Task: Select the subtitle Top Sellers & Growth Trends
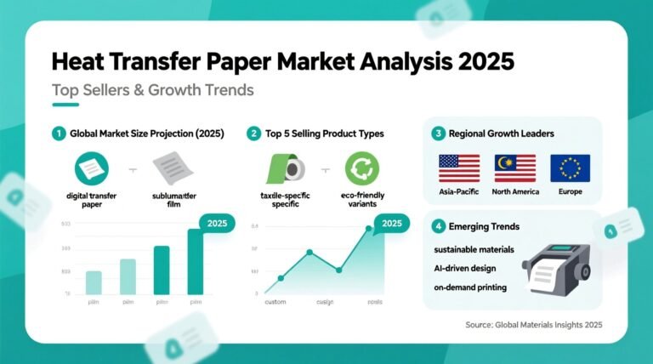coord(152,89)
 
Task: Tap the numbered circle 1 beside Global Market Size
coord(58,134)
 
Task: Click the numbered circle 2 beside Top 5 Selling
coord(253,134)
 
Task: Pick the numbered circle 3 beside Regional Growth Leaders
coord(438,134)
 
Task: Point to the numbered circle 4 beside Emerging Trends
coord(438,227)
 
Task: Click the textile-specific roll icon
coord(287,167)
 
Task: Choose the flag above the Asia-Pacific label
coord(458,168)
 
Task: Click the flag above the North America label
coord(514,168)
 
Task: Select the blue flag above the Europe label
coord(570,168)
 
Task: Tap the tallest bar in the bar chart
coord(195,262)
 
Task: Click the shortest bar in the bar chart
coord(94,282)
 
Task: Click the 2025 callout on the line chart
coord(392,224)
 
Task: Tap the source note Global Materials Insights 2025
coord(534,324)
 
